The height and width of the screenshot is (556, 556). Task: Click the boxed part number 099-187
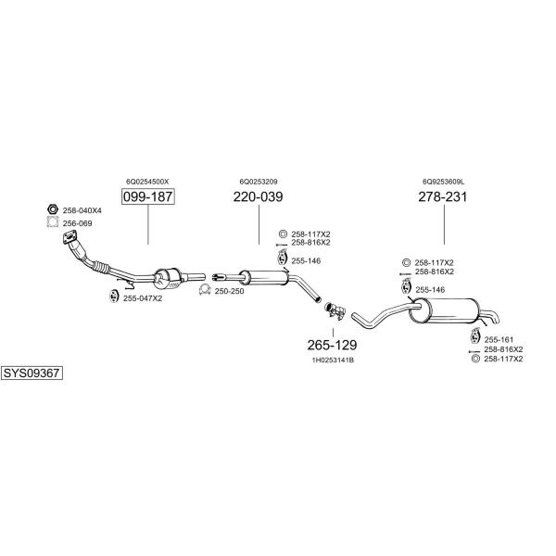[x=148, y=196]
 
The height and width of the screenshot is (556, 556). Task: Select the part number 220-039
[x=259, y=196]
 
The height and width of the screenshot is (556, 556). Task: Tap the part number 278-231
[x=443, y=196]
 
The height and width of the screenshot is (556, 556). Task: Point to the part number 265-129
[x=333, y=345]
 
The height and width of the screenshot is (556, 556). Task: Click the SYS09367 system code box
[x=32, y=373]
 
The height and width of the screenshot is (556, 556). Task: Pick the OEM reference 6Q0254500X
[x=147, y=182]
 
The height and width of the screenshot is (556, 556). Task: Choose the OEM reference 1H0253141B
[x=333, y=360]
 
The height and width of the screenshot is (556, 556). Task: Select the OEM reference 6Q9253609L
[x=443, y=182]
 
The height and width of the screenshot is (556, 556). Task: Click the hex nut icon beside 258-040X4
[x=53, y=209]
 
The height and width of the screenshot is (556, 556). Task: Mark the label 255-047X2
[x=143, y=298]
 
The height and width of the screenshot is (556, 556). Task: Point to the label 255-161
[x=499, y=340]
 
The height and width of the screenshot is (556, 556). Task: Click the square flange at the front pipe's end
[x=69, y=237]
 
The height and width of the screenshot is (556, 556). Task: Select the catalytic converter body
[x=168, y=279]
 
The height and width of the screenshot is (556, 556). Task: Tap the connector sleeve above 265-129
[x=335, y=310]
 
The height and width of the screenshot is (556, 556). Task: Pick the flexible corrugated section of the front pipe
[x=100, y=267]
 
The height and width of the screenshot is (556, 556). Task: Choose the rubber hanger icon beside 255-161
[x=474, y=335]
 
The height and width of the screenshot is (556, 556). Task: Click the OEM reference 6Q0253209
[x=259, y=182]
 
